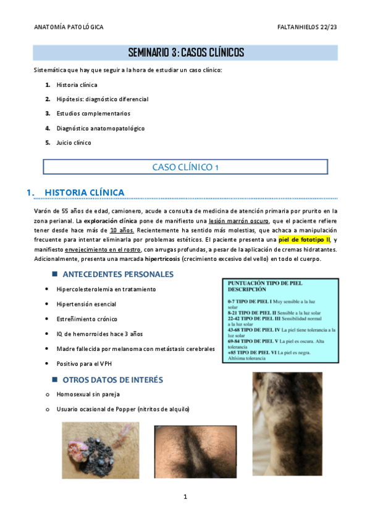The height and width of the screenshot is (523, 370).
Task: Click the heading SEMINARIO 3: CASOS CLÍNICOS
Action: [185, 53]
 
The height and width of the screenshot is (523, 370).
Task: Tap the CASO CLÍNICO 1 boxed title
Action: [185, 167]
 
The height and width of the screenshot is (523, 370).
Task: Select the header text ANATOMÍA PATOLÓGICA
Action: [69, 27]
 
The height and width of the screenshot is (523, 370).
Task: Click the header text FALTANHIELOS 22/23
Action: [307, 27]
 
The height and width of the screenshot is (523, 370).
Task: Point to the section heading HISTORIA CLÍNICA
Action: [85, 192]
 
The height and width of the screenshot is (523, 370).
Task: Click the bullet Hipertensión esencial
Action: [86, 304]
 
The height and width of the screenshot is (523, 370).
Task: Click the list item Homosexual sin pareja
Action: [88, 394]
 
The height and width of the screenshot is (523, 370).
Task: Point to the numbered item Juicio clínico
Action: [74, 142]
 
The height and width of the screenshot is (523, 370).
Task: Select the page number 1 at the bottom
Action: [185, 496]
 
